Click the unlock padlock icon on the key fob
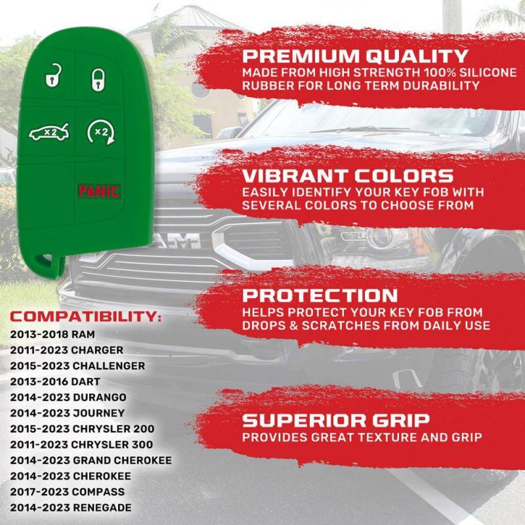pos(53,76)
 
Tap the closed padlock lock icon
pos(98,79)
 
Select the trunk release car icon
pos(49,133)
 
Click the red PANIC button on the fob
pos(99,192)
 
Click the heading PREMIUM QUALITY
pos(355,56)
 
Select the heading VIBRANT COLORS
pos(348,176)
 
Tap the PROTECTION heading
pos(320,295)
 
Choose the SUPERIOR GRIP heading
pos(336,421)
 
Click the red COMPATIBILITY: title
pos(86,317)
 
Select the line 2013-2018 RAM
pos(52,335)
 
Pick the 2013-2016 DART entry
pos(55,382)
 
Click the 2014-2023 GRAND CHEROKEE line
pos(91,461)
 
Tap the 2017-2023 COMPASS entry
pos(68,492)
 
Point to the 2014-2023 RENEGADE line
pos(71,507)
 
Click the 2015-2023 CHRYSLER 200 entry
pos(82,429)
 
